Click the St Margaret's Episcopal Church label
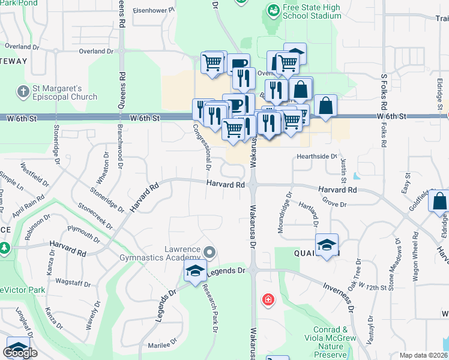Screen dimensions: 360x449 coord(65,93)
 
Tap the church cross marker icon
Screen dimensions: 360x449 coord(23,92)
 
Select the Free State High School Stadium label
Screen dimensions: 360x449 coord(312,13)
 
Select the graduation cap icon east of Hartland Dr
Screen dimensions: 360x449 coord(327,245)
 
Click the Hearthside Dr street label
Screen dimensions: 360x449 coord(318,156)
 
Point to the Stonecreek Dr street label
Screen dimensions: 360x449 coord(95,217)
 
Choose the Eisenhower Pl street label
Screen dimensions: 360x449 coord(154,10)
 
